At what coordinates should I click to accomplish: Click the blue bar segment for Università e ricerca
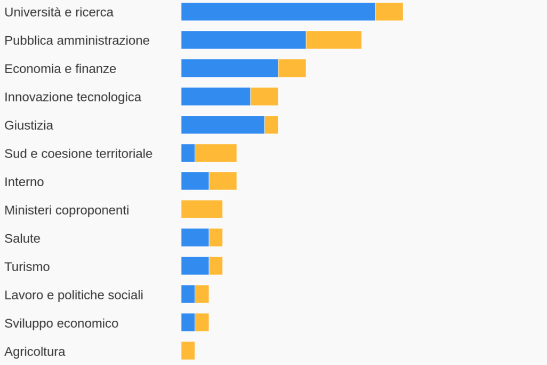[x=278, y=12]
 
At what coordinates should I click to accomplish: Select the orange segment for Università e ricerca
[x=389, y=12]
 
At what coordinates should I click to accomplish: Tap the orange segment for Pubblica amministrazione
[x=334, y=40]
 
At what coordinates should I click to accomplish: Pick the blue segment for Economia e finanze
[x=230, y=68]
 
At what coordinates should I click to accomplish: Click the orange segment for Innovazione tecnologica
[x=264, y=97]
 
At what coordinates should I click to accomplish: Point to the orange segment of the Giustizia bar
[x=271, y=125]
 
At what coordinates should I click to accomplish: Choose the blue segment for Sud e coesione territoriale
[x=188, y=153]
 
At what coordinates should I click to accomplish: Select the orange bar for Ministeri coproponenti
[x=202, y=209]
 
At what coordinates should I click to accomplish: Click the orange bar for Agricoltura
[x=188, y=351]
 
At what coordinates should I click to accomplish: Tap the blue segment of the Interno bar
[x=195, y=181]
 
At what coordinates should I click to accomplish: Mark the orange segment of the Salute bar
[x=216, y=237]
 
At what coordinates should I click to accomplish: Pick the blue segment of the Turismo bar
[x=195, y=266]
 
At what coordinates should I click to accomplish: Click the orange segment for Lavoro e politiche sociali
[x=202, y=294]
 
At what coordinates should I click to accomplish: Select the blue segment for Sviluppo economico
[x=188, y=322]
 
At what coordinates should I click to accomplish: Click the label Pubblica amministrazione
[x=77, y=41]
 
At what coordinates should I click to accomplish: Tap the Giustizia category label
[x=29, y=125]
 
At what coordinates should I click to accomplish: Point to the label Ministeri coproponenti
[x=67, y=210]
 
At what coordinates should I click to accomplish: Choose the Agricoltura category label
[x=35, y=352]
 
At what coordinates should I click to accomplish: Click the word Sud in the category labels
[x=15, y=154]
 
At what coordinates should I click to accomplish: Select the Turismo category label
[x=27, y=267]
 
